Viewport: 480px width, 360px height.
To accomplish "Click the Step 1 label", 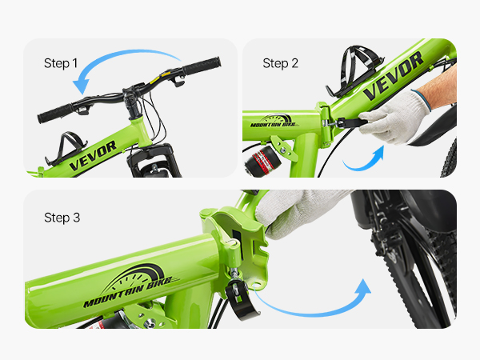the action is [61, 63].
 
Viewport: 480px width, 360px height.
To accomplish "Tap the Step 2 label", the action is [281, 63].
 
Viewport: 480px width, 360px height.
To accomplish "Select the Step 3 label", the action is [62, 218].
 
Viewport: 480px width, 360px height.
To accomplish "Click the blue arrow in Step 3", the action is [312, 313].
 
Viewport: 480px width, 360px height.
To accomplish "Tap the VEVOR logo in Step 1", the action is [93, 155].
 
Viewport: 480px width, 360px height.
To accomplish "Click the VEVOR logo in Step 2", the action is [393, 76].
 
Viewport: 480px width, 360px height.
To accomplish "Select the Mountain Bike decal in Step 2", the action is [274, 122].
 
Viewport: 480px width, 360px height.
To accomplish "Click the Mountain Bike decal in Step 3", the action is [132, 286].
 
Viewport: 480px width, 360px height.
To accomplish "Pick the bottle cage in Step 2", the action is [354, 70].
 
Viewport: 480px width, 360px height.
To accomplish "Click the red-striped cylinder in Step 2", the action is [262, 162].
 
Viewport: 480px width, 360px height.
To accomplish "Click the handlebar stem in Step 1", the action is [132, 104].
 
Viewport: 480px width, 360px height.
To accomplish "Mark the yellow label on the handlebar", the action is [166, 74].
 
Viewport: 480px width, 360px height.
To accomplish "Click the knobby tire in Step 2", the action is [450, 161].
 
